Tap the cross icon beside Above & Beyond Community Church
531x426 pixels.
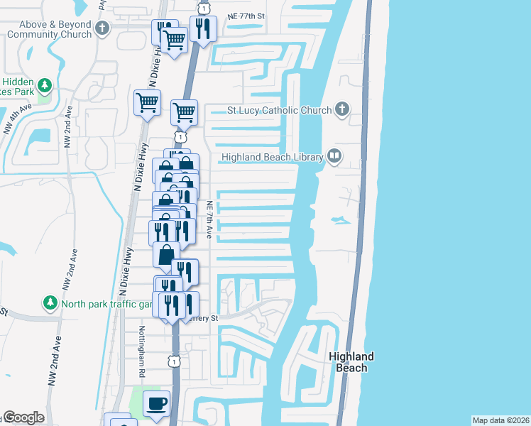[103, 29]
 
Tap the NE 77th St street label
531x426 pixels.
[246, 15]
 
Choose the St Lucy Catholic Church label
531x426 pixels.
[279, 110]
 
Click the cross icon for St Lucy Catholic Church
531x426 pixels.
[342, 109]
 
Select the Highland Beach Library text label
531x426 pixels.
[273, 157]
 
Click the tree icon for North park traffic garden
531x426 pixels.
[50, 304]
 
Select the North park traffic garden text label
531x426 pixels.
[106, 304]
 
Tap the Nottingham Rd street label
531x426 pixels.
[142, 351]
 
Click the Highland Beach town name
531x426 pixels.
[351, 362]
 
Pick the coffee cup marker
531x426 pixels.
[156, 403]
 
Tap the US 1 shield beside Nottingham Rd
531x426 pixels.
[175, 361]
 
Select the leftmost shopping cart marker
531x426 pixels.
[147, 102]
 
